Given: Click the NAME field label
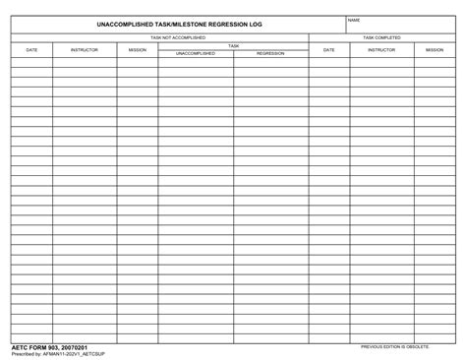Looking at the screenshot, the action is [355, 20].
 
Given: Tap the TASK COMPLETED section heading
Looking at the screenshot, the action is [381, 37].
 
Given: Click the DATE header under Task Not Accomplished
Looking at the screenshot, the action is [31, 49].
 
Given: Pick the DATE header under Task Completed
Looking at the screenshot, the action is [328, 49].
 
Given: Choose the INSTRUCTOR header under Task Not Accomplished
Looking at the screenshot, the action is [85, 49].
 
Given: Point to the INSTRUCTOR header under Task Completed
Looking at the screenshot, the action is [381, 49].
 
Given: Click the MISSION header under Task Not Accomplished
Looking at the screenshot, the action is [138, 49].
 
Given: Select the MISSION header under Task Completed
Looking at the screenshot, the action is [434, 49].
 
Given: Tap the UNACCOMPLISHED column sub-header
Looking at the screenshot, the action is [196, 53].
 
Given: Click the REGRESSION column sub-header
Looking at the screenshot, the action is [270, 53].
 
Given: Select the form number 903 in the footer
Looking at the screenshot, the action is [52, 347].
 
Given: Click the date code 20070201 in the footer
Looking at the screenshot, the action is [75, 347].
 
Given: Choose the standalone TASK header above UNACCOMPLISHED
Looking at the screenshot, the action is [233, 45].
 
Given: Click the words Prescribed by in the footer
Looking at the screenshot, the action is [25, 354].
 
